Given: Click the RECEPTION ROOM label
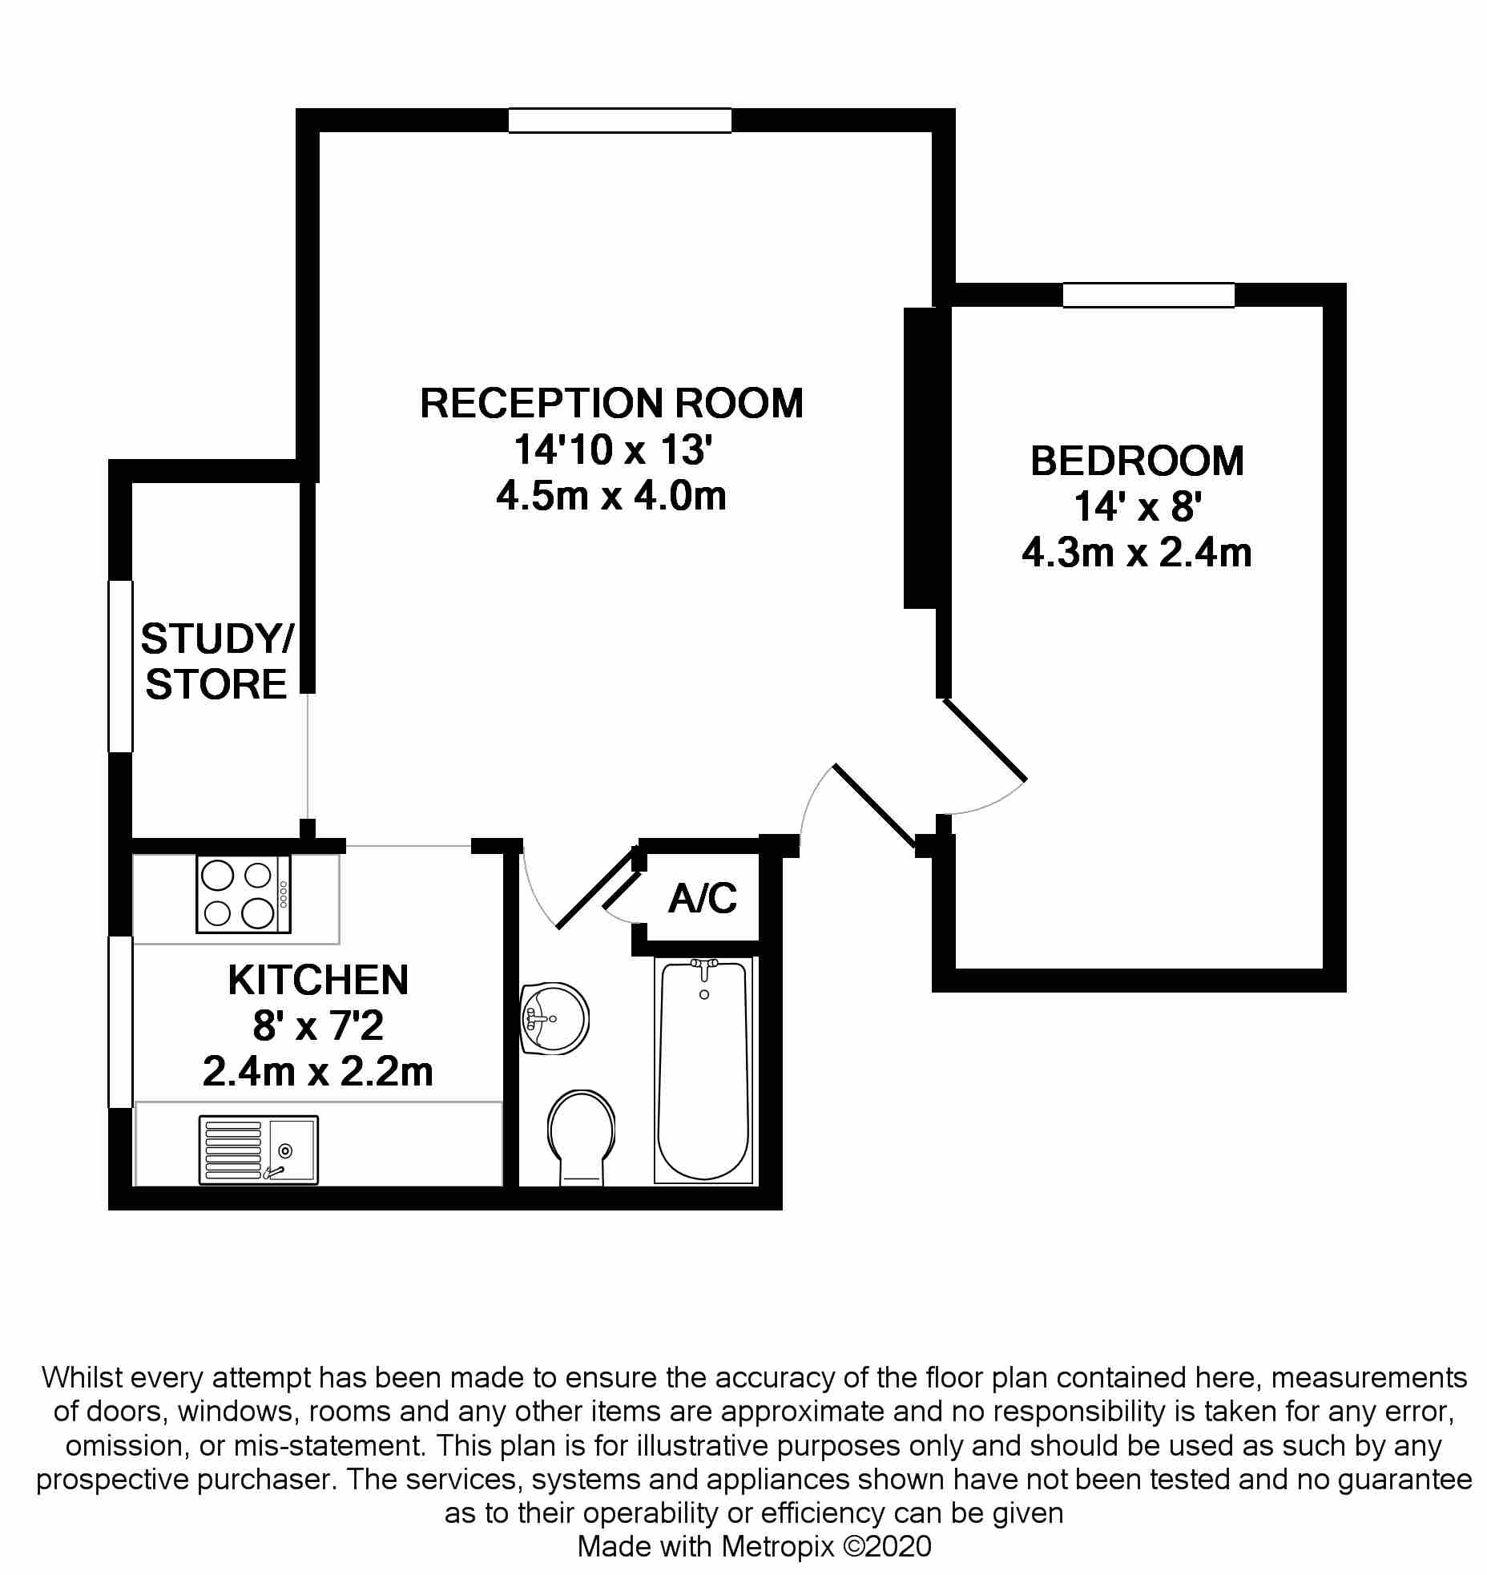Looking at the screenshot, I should [611, 403].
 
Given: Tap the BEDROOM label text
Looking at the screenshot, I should [1137, 461].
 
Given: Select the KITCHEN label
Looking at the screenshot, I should [318, 980].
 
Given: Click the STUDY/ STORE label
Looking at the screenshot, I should [216, 662].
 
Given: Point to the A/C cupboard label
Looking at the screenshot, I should [703, 899].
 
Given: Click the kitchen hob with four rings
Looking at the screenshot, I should [244, 894].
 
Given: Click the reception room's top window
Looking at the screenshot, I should [619, 120].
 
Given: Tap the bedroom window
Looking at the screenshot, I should [1148, 295].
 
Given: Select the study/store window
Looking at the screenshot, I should [120, 666].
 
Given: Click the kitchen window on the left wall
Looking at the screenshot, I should [120, 1021].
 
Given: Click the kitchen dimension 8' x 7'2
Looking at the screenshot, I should [318, 1026].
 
